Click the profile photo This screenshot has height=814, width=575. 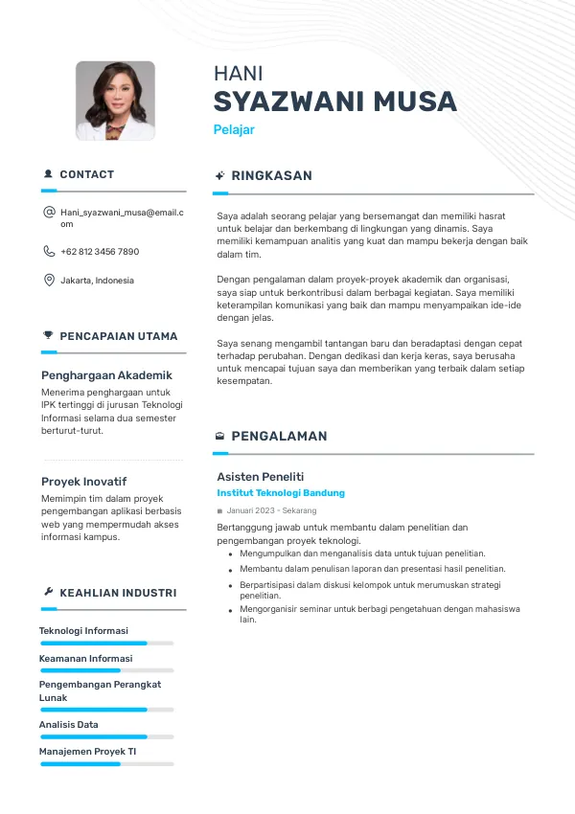pyautogui.click(x=115, y=102)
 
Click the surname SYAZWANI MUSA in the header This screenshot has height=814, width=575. pyautogui.click(x=334, y=102)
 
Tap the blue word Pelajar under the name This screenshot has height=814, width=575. pyautogui.click(x=233, y=129)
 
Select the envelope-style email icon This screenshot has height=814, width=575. pyautogui.click(x=49, y=212)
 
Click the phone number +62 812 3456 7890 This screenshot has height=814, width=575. pyautogui.click(x=100, y=252)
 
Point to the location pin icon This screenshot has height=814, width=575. pyautogui.click(x=49, y=281)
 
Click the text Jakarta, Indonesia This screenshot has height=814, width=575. pyautogui.click(x=97, y=281)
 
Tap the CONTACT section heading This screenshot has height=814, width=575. pyautogui.click(x=86, y=174)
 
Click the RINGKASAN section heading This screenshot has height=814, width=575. pyautogui.click(x=271, y=176)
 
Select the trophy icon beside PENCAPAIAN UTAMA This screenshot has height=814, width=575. pyautogui.click(x=49, y=335)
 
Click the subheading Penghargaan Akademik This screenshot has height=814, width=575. pyautogui.click(x=106, y=375)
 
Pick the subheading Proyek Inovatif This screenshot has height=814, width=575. pyautogui.click(x=83, y=482)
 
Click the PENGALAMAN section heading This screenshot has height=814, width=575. pyautogui.click(x=279, y=436)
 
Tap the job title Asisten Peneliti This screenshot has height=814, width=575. pyautogui.click(x=260, y=476)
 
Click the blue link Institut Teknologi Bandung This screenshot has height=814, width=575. pyautogui.click(x=281, y=493)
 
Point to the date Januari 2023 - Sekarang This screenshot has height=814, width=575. pyautogui.click(x=271, y=511)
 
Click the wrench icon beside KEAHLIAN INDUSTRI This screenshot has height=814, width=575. pyautogui.click(x=49, y=593)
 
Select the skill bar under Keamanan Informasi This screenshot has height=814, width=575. pyautogui.click(x=106, y=670)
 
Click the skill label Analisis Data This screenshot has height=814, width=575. pyautogui.click(x=68, y=725)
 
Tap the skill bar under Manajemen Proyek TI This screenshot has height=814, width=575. pyautogui.click(x=106, y=763)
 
